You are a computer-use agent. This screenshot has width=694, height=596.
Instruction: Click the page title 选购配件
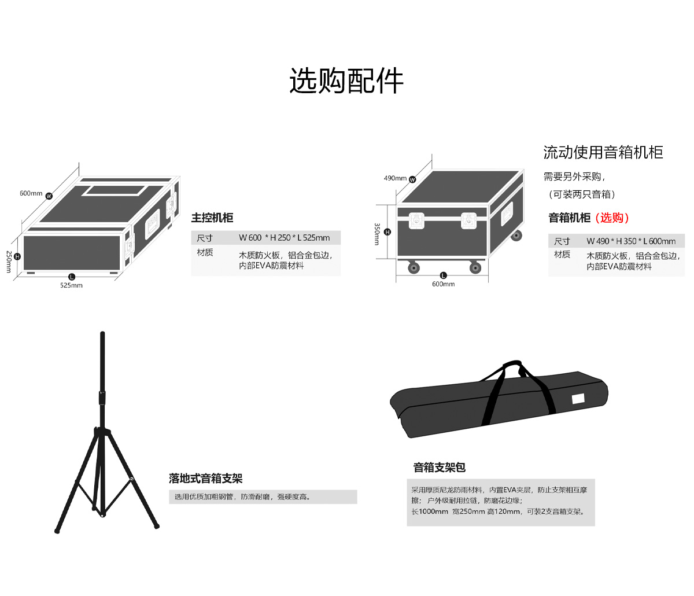tap(346, 80)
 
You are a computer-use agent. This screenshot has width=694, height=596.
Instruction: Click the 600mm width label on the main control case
tap(31, 193)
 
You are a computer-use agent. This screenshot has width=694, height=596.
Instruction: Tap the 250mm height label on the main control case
tap(9, 262)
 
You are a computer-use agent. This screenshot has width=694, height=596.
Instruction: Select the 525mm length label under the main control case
tap(71, 285)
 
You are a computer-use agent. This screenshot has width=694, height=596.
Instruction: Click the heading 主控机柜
tap(212, 218)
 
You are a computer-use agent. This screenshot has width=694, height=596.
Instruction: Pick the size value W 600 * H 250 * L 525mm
tap(284, 238)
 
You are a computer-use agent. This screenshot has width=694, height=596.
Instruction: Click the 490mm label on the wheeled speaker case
tap(395, 178)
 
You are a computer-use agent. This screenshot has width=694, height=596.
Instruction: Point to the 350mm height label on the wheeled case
tap(377, 234)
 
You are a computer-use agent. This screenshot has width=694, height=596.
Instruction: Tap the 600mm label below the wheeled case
tap(443, 284)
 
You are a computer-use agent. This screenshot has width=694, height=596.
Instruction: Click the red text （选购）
tap(612, 218)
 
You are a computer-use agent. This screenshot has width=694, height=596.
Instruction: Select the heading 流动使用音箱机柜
tap(603, 153)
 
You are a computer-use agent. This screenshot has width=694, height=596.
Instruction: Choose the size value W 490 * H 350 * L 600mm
tap(631, 241)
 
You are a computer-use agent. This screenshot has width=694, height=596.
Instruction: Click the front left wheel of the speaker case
tap(414, 267)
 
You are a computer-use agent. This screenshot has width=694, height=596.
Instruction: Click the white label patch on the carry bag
tap(578, 399)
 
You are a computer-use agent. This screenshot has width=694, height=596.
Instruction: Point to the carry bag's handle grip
tap(512, 367)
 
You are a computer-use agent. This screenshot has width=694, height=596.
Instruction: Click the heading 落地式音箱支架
tap(205, 479)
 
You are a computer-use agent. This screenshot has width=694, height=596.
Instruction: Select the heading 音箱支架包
tap(439, 468)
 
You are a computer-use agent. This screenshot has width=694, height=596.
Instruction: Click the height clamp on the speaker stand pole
tap(102, 398)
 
